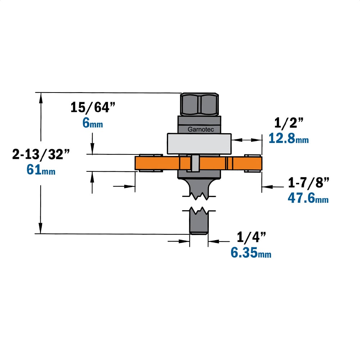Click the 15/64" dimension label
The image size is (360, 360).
tap(93, 107)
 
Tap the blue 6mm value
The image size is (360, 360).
tap(93, 123)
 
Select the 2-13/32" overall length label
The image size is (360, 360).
tap(41, 154)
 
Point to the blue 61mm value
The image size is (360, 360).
tap(41, 170)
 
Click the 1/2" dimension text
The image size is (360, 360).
tap(289, 123)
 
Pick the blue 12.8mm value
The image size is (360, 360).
tap(289, 139)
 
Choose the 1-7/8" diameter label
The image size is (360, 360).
tap(309, 183)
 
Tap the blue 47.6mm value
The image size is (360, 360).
tap(308, 198)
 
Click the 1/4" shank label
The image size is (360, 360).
tap(251, 237)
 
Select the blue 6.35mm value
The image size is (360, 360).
tap(251, 253)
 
